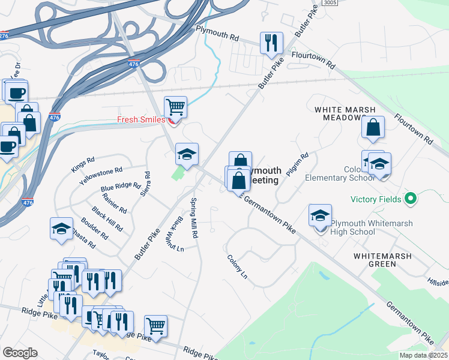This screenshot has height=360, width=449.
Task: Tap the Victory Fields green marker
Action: pos(411,197)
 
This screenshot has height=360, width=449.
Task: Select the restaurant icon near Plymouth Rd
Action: pos(271,43)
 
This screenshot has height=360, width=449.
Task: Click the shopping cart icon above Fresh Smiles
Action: pos(175,107)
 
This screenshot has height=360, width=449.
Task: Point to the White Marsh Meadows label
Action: pos(345,113)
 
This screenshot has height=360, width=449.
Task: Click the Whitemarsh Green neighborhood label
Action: pos(383,260)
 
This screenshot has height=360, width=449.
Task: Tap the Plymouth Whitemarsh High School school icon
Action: pos(321,215)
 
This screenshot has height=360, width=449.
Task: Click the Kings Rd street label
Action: pos(83,165)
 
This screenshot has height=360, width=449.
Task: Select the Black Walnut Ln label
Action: pos(177,235)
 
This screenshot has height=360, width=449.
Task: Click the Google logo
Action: pos(20,353)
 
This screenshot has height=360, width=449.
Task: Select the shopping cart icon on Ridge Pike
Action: pos(155,326)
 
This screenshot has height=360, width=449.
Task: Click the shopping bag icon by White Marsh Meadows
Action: pos(373,127)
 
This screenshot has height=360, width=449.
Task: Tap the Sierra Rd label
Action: pos(145,184)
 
